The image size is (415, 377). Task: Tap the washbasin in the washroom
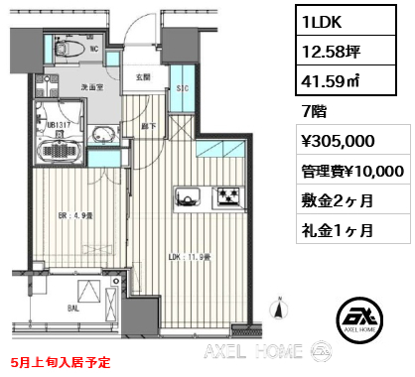click(x=102, y=136)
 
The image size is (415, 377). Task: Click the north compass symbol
click(x=279, y=313)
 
